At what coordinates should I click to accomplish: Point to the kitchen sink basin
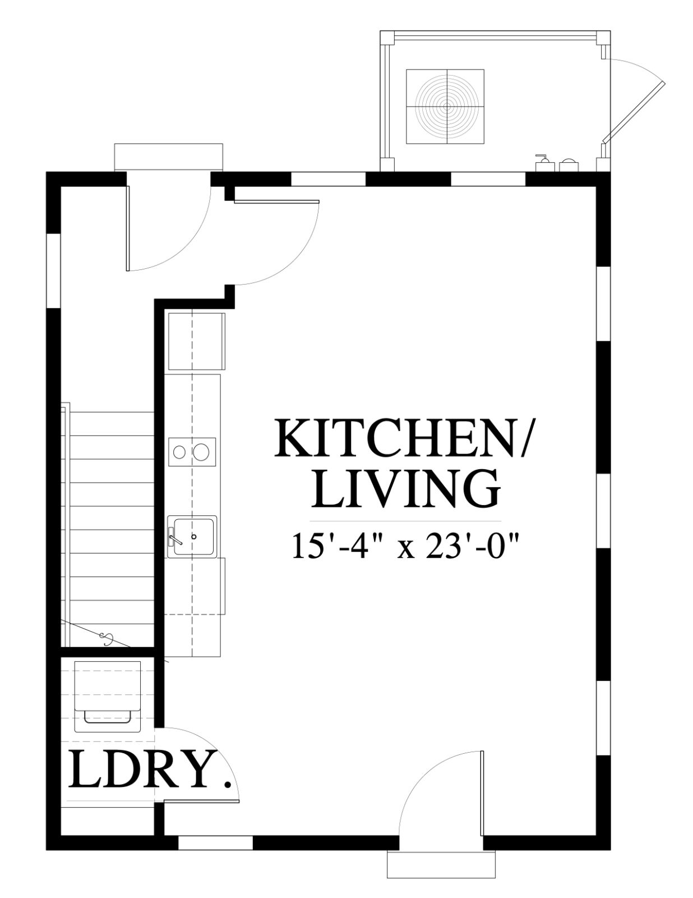(193, 537)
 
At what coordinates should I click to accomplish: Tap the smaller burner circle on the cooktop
(179, 452)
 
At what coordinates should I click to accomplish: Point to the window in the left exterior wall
(54, 271)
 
